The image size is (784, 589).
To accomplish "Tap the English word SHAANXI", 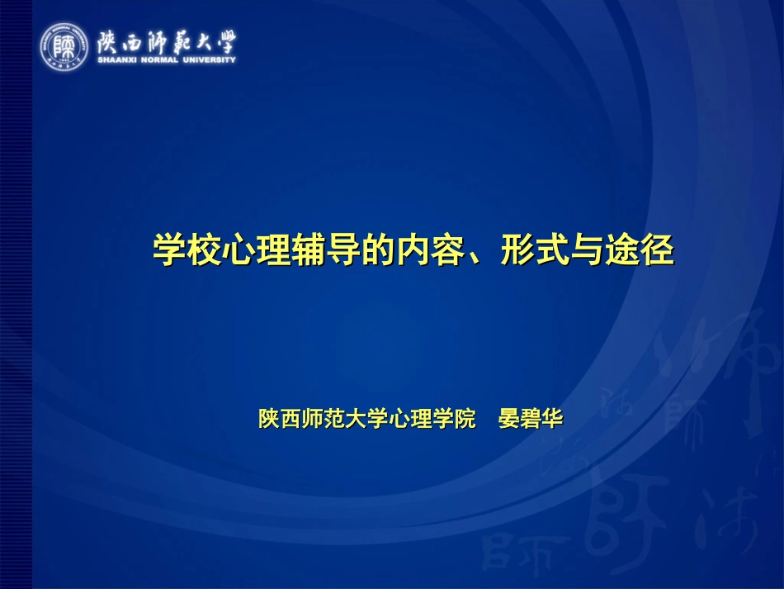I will (x=116, y=59).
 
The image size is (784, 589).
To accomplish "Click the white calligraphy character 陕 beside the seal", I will (x=111, y=40).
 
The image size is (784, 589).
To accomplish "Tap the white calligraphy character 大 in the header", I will (x=200, y=40).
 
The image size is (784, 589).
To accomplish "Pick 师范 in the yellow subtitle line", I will (x=322, y=419).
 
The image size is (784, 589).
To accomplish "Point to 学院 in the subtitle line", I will (x=455, y=419).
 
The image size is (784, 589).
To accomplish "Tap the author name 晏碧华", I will (x=531, y=419).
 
